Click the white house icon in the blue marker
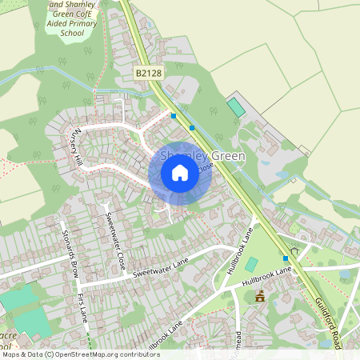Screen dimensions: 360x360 (x=180, y=173)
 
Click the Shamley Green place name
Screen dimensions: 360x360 (x=202, y=156)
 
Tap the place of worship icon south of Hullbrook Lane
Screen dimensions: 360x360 (x=259, y=296)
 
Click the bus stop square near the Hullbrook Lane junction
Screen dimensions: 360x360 (x=286, y=258)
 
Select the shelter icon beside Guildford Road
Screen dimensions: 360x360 (x=294, y=250)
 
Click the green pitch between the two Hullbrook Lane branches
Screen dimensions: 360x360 (x=251, y=264)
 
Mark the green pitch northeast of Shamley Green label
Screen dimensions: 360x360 (x=234, y=106)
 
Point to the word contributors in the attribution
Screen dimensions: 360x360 (x=137, y=354)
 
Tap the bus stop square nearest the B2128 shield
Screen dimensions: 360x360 (x=174, y=116)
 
